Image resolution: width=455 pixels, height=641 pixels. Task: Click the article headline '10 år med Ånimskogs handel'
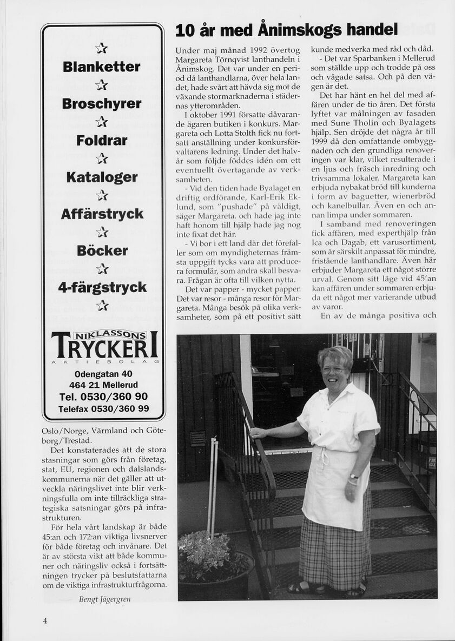[x=286, y=30]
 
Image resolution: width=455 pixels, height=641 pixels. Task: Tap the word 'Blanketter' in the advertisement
[x=102, y=67]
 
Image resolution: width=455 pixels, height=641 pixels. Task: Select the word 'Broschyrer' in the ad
[x=102, y=103]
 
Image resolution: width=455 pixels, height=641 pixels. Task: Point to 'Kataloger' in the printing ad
[x=102, y=177]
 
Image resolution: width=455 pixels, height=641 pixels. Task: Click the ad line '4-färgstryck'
[x=102, y=287]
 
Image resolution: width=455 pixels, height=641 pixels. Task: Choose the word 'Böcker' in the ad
[x=102, y=250]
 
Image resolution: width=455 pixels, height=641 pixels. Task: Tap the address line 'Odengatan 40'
[x=103, y=374]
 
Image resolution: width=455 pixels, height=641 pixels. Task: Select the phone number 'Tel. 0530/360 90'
[x=103, y=397]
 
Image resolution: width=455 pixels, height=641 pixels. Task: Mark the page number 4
[x=45, y=620]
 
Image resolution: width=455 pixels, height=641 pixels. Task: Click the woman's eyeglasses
[x=333, y=371]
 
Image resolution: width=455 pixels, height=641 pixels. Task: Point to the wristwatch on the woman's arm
[x=353, y=476]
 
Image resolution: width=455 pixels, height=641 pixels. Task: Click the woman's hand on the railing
[x=258, y=432]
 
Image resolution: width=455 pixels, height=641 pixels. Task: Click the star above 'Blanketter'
[x=102, y=49]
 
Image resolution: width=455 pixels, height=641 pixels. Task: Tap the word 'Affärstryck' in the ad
[x=102, y=214]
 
